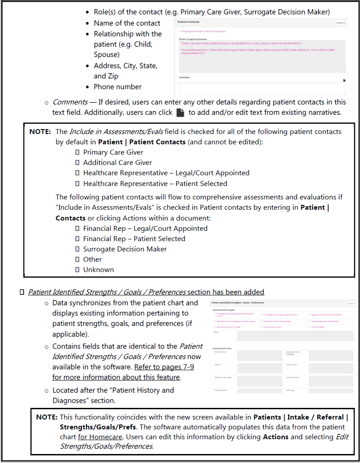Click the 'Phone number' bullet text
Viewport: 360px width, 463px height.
(x=117, y=87)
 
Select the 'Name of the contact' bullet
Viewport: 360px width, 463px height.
(x=127, y=23)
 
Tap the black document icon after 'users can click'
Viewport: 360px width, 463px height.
(x=180, y=113)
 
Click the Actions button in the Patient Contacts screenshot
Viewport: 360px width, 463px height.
(x=341, y=22)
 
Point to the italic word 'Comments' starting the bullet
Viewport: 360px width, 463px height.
(x=70, y=102)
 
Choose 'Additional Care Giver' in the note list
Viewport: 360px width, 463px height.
(x=117, y=163)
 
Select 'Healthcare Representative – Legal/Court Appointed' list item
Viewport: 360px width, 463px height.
(x=166, y=173)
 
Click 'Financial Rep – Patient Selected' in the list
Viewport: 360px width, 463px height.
(x=134, y=239)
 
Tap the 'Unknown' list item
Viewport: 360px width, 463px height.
(x=99, y=270)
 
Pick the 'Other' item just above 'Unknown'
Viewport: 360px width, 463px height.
(x=92, y=260)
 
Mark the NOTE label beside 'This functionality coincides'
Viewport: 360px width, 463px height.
(x=47, y=417)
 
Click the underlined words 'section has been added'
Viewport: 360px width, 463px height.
(x=226, y=292)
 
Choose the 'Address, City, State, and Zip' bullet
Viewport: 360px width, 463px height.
(x=126, y=71)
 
